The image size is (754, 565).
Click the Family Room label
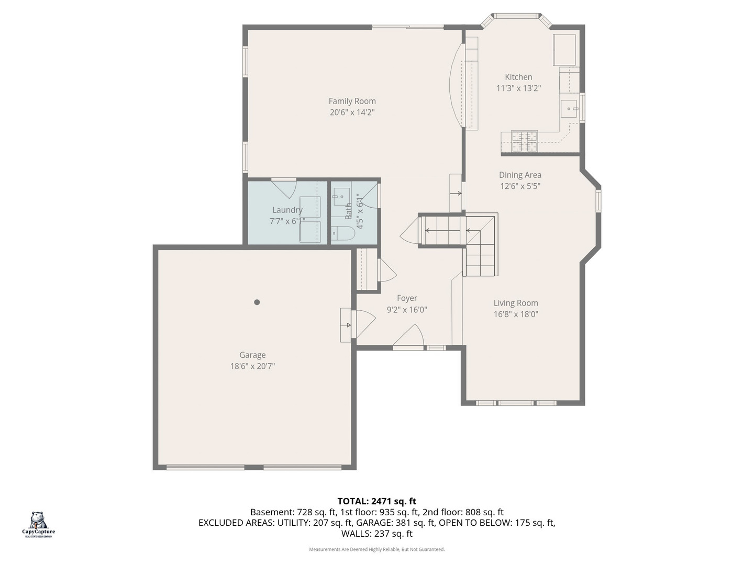click(x=352, y=101)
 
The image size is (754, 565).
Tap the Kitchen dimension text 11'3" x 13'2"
click(x=518, y=88)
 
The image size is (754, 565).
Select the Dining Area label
click(x=520, y=175)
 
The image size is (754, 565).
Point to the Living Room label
click(x=516, y=303)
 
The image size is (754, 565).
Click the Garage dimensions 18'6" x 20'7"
click(x=252, y=366)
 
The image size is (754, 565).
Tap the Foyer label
click(x=407, y=298)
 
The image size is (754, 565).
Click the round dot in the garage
click(x=257, y=302)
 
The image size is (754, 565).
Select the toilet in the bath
click(x=343, y=233)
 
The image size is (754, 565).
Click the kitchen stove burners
click(x=525, y=141)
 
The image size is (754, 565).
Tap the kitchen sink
click(x=569, y=109)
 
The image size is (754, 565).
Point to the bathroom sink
click(x=341, y=197)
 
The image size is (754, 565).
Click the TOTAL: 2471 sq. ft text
click(x=376, y=501)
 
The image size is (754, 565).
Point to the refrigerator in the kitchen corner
click(x=564, y=49)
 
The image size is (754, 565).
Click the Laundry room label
click(x=287, y=210)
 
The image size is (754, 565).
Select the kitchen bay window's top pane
click(x=516, y=16)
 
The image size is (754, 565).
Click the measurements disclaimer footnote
click(x=376, y=549)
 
